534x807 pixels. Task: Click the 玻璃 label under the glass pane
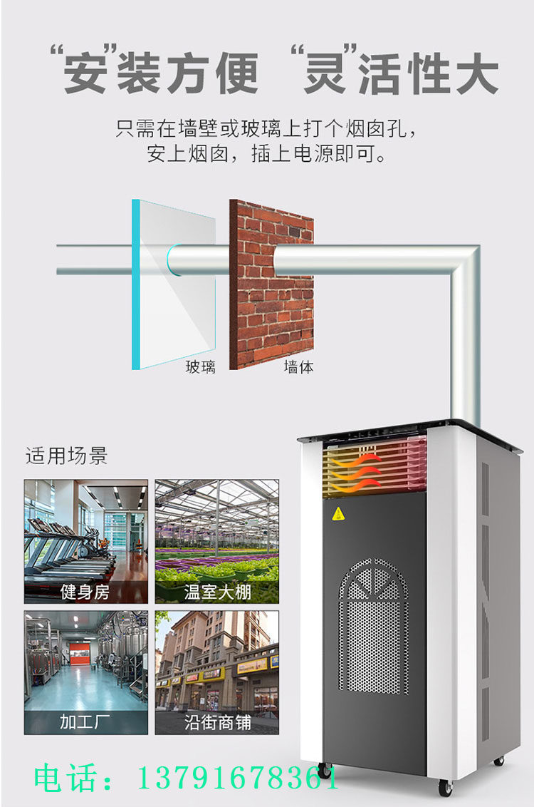(x=200, y=367)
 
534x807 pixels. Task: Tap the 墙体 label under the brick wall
(x=298, y=367)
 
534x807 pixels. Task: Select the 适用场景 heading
(x=66, y=456)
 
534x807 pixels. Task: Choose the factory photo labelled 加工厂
(x=86, y=672)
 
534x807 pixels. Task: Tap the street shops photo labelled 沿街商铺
(x=216, y=672)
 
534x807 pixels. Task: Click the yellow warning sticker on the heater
(x=340, y=513)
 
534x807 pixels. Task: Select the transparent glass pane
(x=174, y=285)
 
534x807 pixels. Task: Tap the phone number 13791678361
(x=237, y=779)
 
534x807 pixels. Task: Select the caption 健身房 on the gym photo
(x=85, y=592)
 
